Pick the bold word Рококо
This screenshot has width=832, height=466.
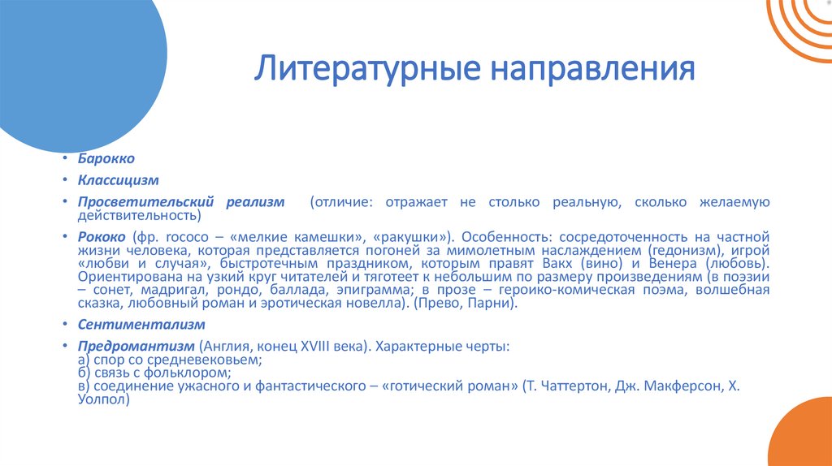102,237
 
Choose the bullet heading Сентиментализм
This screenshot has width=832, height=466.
130,324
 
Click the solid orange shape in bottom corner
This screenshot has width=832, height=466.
804,438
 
